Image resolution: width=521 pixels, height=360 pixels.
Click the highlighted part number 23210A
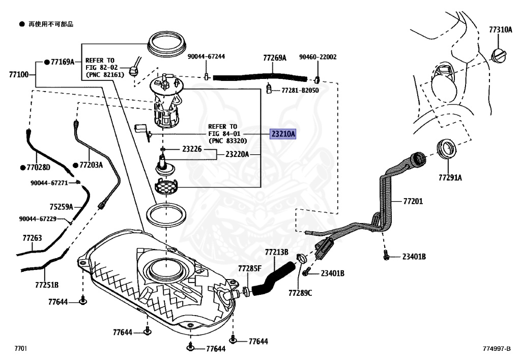tap(283, 134)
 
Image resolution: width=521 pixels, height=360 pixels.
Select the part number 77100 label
tap(19, 74)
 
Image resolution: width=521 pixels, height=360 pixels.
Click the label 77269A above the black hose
tap(274, 58)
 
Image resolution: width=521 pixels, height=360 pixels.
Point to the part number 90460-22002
tap(317, 57)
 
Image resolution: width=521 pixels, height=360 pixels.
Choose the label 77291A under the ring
tap(450, 178)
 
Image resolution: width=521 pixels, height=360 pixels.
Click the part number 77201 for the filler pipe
tap(413, 201)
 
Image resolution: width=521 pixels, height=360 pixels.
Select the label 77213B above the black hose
tap(276, 252)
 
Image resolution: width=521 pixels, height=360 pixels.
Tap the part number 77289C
tap(300, 293)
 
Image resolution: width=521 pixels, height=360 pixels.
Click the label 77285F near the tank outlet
tap(250, 268)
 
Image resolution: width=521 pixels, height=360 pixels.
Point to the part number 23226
tap(192, 149)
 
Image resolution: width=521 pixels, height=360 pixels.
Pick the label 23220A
tap(237, 154)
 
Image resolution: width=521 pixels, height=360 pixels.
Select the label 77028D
tap(38, 167)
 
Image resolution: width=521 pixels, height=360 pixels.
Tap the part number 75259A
tap(61, 207)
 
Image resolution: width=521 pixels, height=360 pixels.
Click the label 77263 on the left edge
tap(32, 238)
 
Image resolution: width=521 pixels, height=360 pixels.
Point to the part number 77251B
tap(47, 285)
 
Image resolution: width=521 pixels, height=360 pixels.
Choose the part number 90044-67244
tap(206, 57)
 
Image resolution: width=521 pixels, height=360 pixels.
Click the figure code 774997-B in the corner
tap(497, 349)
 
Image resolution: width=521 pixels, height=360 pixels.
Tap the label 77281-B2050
tap(300, 91)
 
